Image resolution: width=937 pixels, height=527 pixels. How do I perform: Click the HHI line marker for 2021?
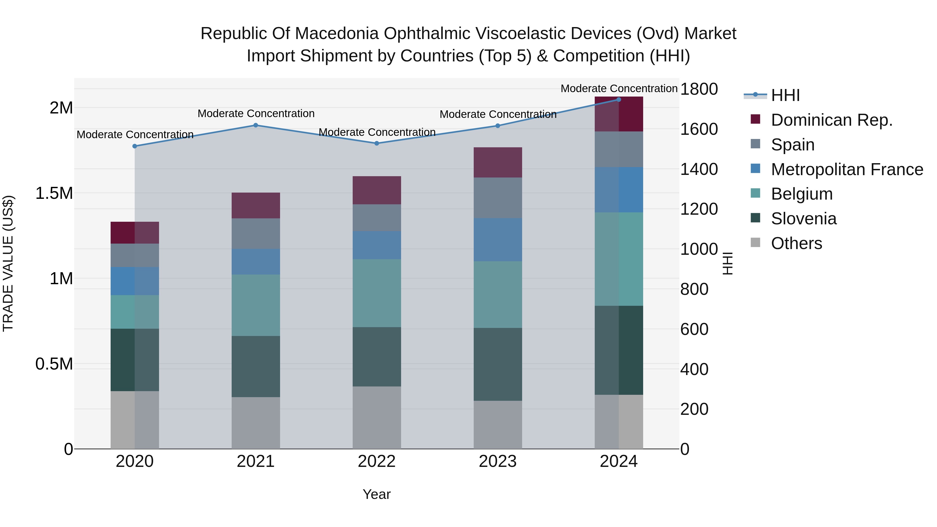[255, 125]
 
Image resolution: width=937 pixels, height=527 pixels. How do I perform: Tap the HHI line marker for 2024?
[619, 99]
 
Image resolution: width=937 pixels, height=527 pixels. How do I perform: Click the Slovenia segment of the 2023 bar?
[498, 364]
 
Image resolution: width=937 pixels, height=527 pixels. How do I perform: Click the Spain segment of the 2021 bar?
[256, 233]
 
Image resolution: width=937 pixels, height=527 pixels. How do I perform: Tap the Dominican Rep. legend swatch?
[756, 119]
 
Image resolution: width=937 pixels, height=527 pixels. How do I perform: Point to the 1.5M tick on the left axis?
[54, 193]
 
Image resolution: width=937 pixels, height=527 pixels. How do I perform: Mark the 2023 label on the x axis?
[498, 461]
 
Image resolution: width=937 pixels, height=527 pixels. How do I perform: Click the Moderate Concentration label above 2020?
[135, 135]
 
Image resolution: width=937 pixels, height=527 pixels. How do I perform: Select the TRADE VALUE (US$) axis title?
[8, 263]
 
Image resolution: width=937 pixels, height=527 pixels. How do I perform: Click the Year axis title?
[376, 494]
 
